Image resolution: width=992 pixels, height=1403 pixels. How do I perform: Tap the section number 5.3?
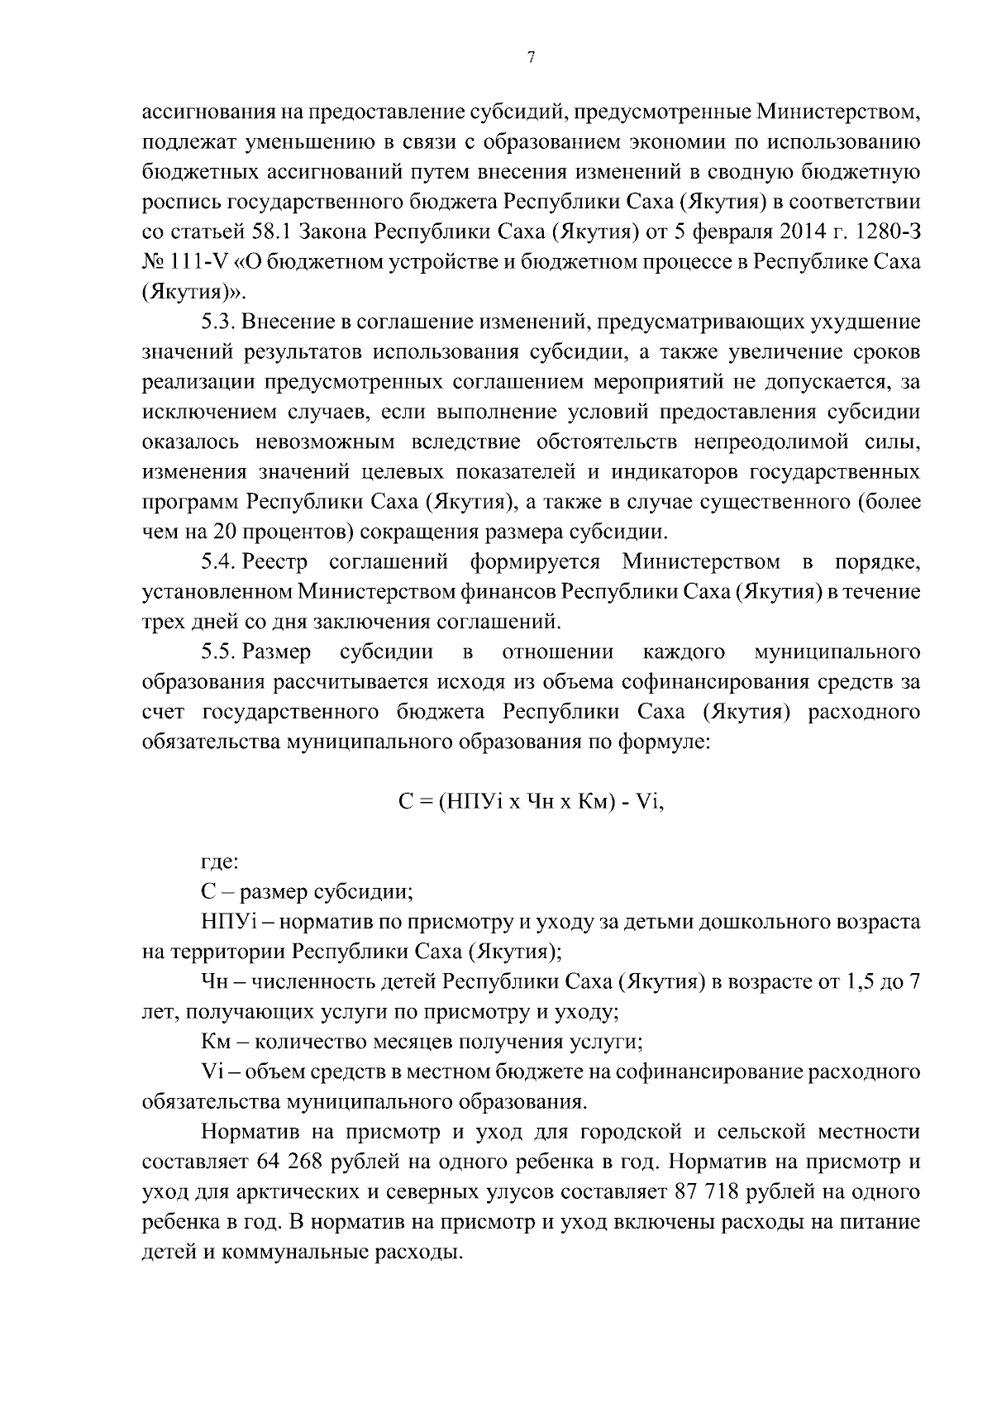[219, 322]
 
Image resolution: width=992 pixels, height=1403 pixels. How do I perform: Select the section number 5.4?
[219, 563]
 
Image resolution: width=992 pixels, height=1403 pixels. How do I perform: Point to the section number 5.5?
[219, 652]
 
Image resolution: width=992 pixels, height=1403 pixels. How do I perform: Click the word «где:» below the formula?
[220, 862]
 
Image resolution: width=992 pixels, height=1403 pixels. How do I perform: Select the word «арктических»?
[320, 1192]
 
